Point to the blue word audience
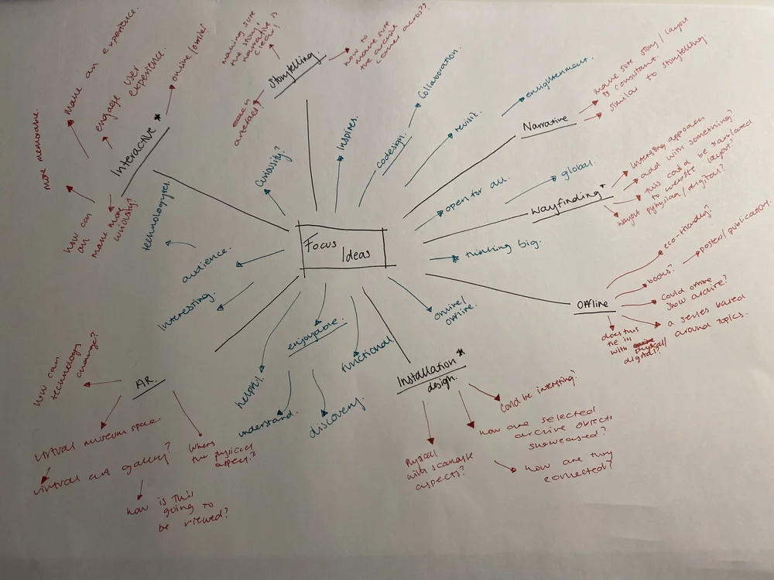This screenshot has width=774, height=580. [205, 266]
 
